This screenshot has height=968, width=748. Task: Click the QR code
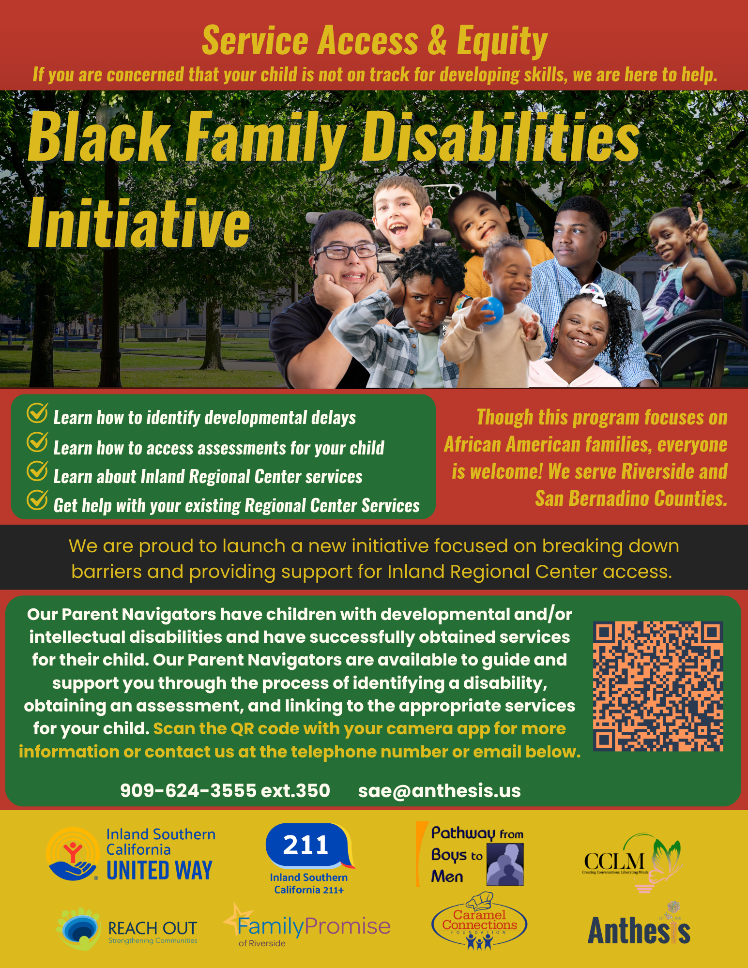pos(658,686)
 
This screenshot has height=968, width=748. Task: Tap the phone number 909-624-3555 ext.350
pos(225,790)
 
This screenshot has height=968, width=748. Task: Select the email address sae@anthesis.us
pos(439,791)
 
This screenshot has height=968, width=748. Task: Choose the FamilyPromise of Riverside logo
pos(306,926)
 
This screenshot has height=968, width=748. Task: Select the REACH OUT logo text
pos(153,928)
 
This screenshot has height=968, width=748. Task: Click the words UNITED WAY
pos(159,870)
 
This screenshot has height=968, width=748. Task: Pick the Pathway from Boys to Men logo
pos(471,854)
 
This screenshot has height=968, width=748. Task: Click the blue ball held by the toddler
pos(492,310)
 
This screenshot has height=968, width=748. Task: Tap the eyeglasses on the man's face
pos(346,252)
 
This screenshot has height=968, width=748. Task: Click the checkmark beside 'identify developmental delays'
pos(37,412)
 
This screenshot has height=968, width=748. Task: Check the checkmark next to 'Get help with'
pos(37,500)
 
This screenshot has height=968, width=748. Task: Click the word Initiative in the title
pos(139,223)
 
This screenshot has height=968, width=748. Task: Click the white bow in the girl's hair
pos(595,294)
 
